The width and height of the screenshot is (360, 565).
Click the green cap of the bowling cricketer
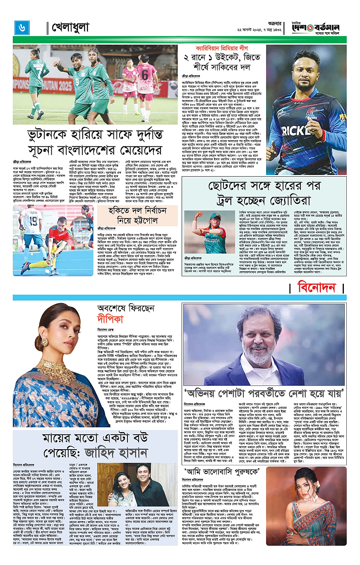point(216,217)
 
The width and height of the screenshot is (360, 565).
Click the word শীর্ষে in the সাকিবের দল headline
point(198,67)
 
